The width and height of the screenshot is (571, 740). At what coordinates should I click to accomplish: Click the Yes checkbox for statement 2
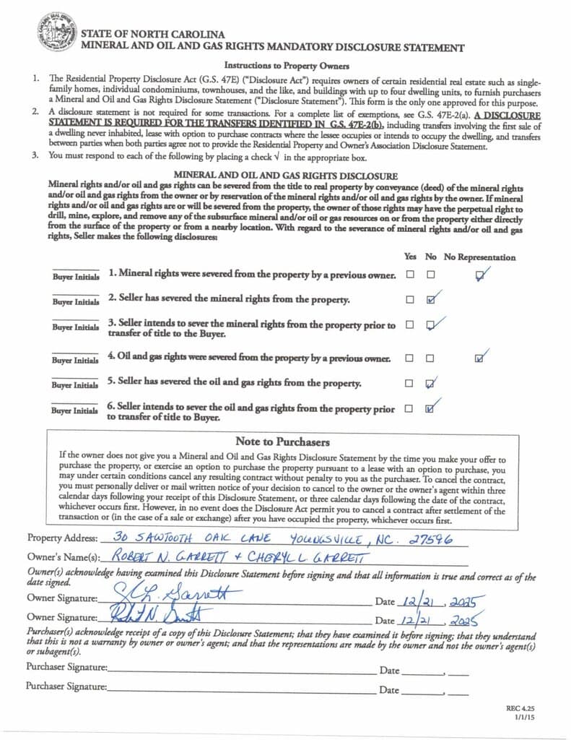tap(410, 299)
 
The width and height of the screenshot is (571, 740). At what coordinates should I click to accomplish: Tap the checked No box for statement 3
tap(431, 325)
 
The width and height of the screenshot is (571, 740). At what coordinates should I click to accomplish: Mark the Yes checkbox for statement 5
tap(410, 383)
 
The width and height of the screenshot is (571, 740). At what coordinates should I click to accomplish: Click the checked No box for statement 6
tap(431, 409)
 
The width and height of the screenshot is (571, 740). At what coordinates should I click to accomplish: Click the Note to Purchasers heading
tap(282, 442)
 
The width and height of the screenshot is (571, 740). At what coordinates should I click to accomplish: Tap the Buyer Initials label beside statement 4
tap(75, 360)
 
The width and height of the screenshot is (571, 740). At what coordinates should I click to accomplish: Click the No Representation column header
tap(479, 257)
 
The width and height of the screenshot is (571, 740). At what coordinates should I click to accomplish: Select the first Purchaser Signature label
tap(67, 667)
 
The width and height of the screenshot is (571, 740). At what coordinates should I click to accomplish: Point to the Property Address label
tap(61, 538)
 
